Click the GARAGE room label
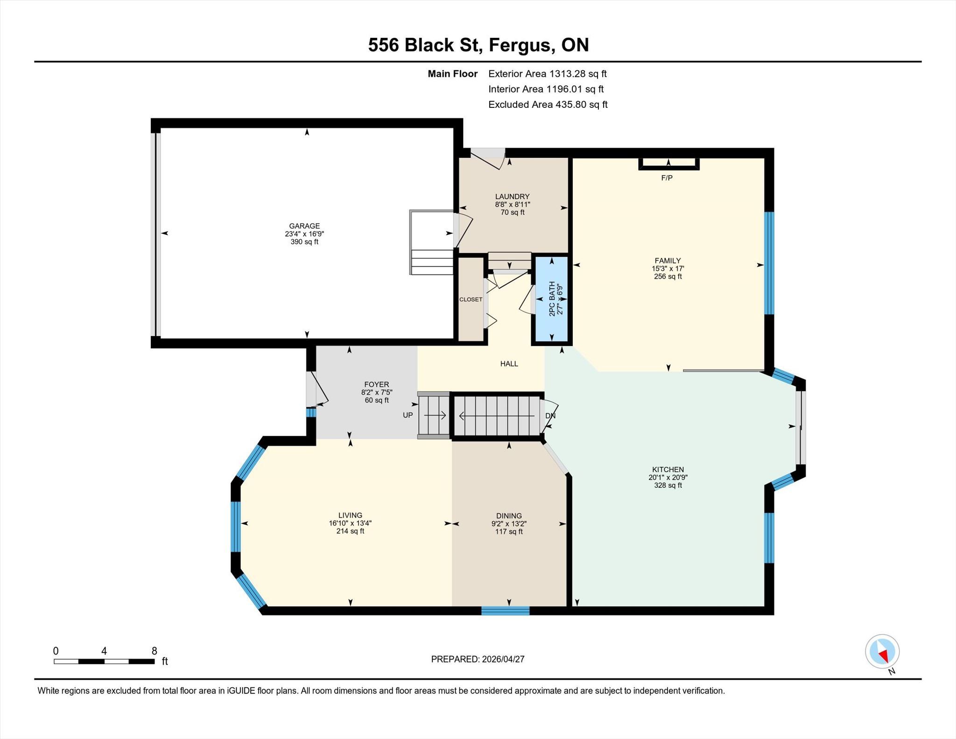click(304, 226)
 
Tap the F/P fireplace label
click(667, 178)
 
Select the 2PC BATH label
click(552, 299)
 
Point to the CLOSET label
click(471, 299)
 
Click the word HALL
click(509, 364)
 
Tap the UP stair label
click(408, 415)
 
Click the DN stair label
click(550, 415)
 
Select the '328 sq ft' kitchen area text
click(668, 485)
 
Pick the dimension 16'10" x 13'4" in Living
click(350, 523)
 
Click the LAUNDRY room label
click(512, 197)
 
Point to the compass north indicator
click(882, 652)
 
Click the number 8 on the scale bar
click(154, 651)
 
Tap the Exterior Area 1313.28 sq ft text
click(547, 74)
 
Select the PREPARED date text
click(478, 659)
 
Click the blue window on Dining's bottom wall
click(505, 611)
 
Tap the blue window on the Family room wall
click(769, 263)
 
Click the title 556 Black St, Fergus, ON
click(478, 45)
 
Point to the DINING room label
click(509, 516)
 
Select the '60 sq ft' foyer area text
click(377, 400)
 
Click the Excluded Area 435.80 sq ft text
click(548, 105)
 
